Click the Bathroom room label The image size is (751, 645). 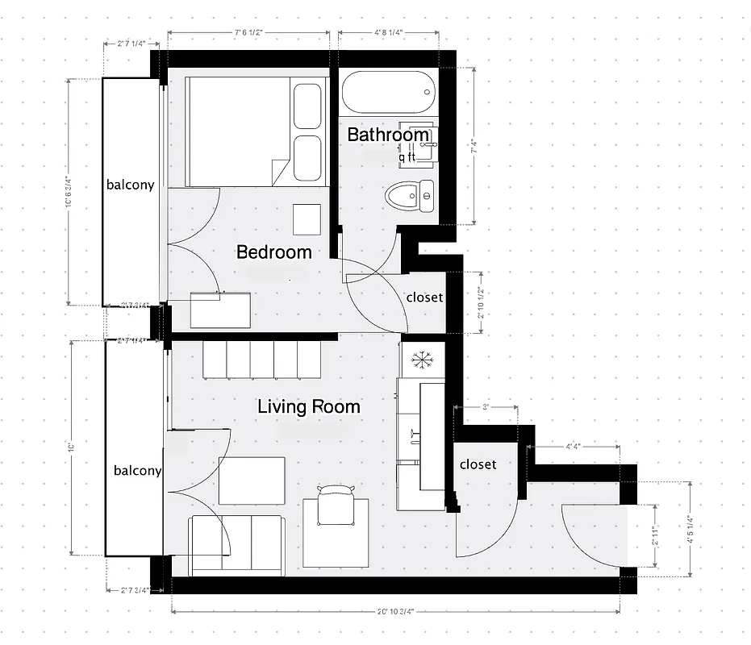point(388,135)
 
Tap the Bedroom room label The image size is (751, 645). point(273,252)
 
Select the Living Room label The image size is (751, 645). point(308,407)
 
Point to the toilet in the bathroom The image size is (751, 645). point(409,195)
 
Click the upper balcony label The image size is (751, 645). point(130,185)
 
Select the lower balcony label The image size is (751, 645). point(137,471)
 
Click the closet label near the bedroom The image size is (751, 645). point(424,298)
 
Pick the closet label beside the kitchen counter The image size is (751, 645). point(478,464)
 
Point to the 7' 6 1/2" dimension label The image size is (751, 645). point(248,33)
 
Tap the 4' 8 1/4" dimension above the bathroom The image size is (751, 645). point(389,33)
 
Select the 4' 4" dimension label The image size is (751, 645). point(574,445)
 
